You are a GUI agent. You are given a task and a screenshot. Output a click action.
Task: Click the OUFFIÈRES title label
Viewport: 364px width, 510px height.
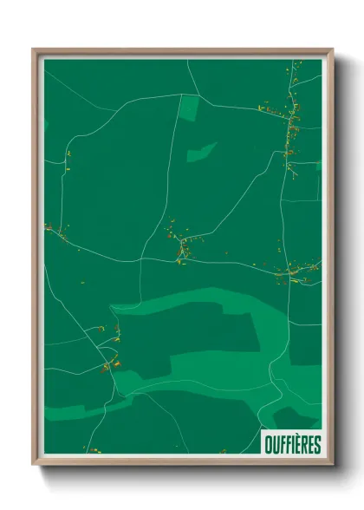[x=292, y=445]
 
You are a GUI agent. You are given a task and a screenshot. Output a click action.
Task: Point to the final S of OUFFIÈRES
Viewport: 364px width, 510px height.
[x=317, y=445]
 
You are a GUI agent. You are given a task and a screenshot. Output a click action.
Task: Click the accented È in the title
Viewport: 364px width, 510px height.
[x=297, y=445]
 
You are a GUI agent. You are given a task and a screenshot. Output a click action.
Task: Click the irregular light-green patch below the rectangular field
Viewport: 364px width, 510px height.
[x=201, y=152]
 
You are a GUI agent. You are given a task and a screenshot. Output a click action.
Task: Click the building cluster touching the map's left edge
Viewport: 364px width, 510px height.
[x=54, y=230]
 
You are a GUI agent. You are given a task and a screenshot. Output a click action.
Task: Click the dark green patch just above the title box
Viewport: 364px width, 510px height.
[x=295, y=416]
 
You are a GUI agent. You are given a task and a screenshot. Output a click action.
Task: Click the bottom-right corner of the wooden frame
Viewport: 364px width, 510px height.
[x=331, y=462]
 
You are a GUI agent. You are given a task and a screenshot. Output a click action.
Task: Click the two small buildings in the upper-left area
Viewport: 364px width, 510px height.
[x=68, y=157]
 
